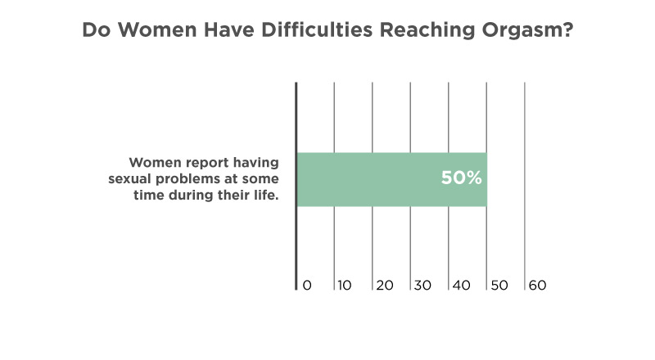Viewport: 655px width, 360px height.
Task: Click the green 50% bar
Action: coord(392,179)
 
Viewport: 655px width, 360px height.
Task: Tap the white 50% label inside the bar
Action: coord(461,178)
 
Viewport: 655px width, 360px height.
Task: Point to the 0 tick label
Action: coord(307,286)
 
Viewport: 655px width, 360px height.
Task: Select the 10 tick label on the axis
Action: coord(345,286)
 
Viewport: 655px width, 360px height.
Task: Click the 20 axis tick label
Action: coord(385,286)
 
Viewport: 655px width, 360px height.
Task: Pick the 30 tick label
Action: coord(422,286)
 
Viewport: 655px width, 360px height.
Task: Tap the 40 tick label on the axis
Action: coord(461,286)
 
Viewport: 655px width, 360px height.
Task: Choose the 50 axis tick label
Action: coord(499,286)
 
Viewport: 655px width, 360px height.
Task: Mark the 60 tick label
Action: coord(538,286)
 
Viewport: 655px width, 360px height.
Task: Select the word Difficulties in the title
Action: coord(317,29)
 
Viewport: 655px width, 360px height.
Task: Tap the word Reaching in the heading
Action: coord(427,30)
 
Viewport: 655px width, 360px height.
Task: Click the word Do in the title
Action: coord(97,30)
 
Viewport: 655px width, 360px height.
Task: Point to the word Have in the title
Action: coord(229,30)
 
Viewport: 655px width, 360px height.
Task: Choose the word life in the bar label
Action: coord(266,195)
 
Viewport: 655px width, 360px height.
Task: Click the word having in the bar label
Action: coord(256,163)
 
